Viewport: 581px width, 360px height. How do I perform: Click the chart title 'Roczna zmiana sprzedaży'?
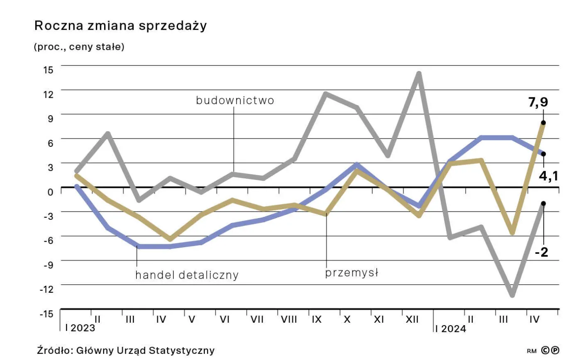click(x=120, y=26)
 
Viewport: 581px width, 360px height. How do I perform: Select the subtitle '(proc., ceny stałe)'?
click(x=79, y=47)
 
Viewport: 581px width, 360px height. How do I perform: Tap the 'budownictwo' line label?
click(x=235, y=100)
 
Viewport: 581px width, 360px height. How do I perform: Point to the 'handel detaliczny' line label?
click(x=187, y=275)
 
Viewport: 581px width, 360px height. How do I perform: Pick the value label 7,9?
click(x=538, y=102)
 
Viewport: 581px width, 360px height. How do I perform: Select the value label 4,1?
click(x=548, y=176)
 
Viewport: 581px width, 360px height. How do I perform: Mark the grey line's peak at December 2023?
click(x=419, y=74)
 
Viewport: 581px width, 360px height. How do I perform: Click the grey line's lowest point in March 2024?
click(x=512, y=295)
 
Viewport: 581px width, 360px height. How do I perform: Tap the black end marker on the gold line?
click(x=543, y=123)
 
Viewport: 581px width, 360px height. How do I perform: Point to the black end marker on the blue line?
click(x=543, y=154)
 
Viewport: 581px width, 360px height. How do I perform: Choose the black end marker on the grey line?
click(x=543, y=203)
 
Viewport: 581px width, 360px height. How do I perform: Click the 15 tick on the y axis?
click(x=48, y=70)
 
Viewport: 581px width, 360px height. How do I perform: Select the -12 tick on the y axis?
click(x=46, y=289)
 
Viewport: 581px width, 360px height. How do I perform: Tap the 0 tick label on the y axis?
click(x=51, y=192)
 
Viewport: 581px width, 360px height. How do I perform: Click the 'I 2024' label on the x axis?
click(x=450, y=329)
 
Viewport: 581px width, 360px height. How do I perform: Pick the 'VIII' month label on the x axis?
click(x=289, y=320)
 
